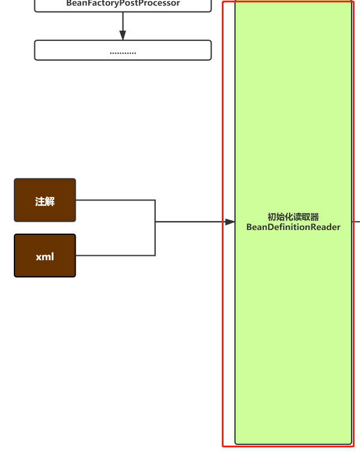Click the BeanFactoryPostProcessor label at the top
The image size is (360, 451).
pyautogui.click(x=123, y=4)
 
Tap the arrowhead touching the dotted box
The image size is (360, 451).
pyautogui.click(x=123, y=36)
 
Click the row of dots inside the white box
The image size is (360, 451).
pyautogui.click(x=123, y=52)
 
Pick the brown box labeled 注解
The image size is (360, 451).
pyautogui.click(x=45, y=201)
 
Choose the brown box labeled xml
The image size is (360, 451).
pyautogui.click(x=45, y=256)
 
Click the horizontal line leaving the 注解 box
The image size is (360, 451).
pyautogui.click(x=114, y=200)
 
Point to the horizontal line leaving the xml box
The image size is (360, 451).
pyautogui.click(x=114, y=255)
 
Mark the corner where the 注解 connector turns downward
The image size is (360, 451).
pyautogui.click(x=155, y=200)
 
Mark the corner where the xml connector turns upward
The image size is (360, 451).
pyautogui.click(x=155, y=255)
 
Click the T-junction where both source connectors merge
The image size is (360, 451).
pyautogui.click(x=155, y=222)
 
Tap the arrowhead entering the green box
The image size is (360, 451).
pyautogui.click(x=230, y=222)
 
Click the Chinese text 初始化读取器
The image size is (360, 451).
pyautogui.click(x=293, y=217)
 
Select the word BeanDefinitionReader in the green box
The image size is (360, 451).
pyautogui.click(x=293, y=227)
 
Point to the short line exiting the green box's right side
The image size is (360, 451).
pyautogui.click(x=356, y=222)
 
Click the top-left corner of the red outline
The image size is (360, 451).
pyautogui.click(x=223, y=2)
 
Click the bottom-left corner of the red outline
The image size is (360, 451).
pyautogui.click(x=223, y=446)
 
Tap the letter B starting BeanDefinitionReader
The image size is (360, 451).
pyautogui.click(x=249, y=227)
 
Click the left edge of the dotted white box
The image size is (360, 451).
pyautogui.click(x=35, y=50)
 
